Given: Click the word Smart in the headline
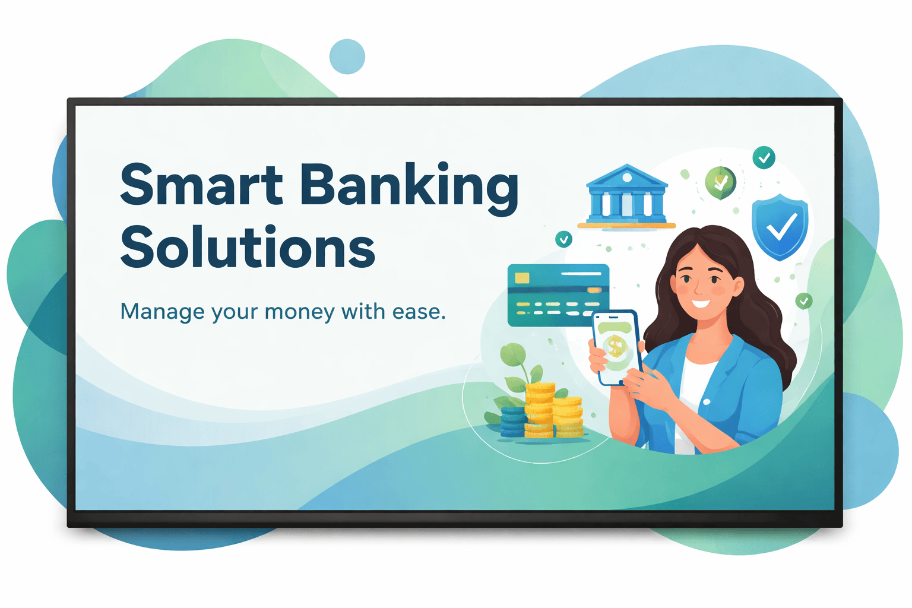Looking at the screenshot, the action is coord(201,183).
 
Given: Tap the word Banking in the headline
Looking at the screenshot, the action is coord(410,189).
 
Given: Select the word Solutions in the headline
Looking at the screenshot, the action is coord(248,246).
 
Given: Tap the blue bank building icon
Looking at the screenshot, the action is coord(626,197).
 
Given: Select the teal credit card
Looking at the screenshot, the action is coord(558,295).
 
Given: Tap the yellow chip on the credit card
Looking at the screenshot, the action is coord(522,278).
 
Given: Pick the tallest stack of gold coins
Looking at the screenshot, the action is coord(540,410).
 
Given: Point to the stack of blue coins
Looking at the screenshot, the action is coord(513,422).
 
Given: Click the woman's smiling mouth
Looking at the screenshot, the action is coord(701,303).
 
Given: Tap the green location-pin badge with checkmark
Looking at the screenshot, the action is coord(721,183).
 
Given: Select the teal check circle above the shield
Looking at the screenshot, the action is coord(764,157).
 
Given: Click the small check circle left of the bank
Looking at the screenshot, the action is coord(564,239).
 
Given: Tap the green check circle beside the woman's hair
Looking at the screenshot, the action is coord(804,302).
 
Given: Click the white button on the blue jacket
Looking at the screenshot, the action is coord(707,402).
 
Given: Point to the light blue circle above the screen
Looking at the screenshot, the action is coord(347,56).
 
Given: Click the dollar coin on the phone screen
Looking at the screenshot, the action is coord(615,346).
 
